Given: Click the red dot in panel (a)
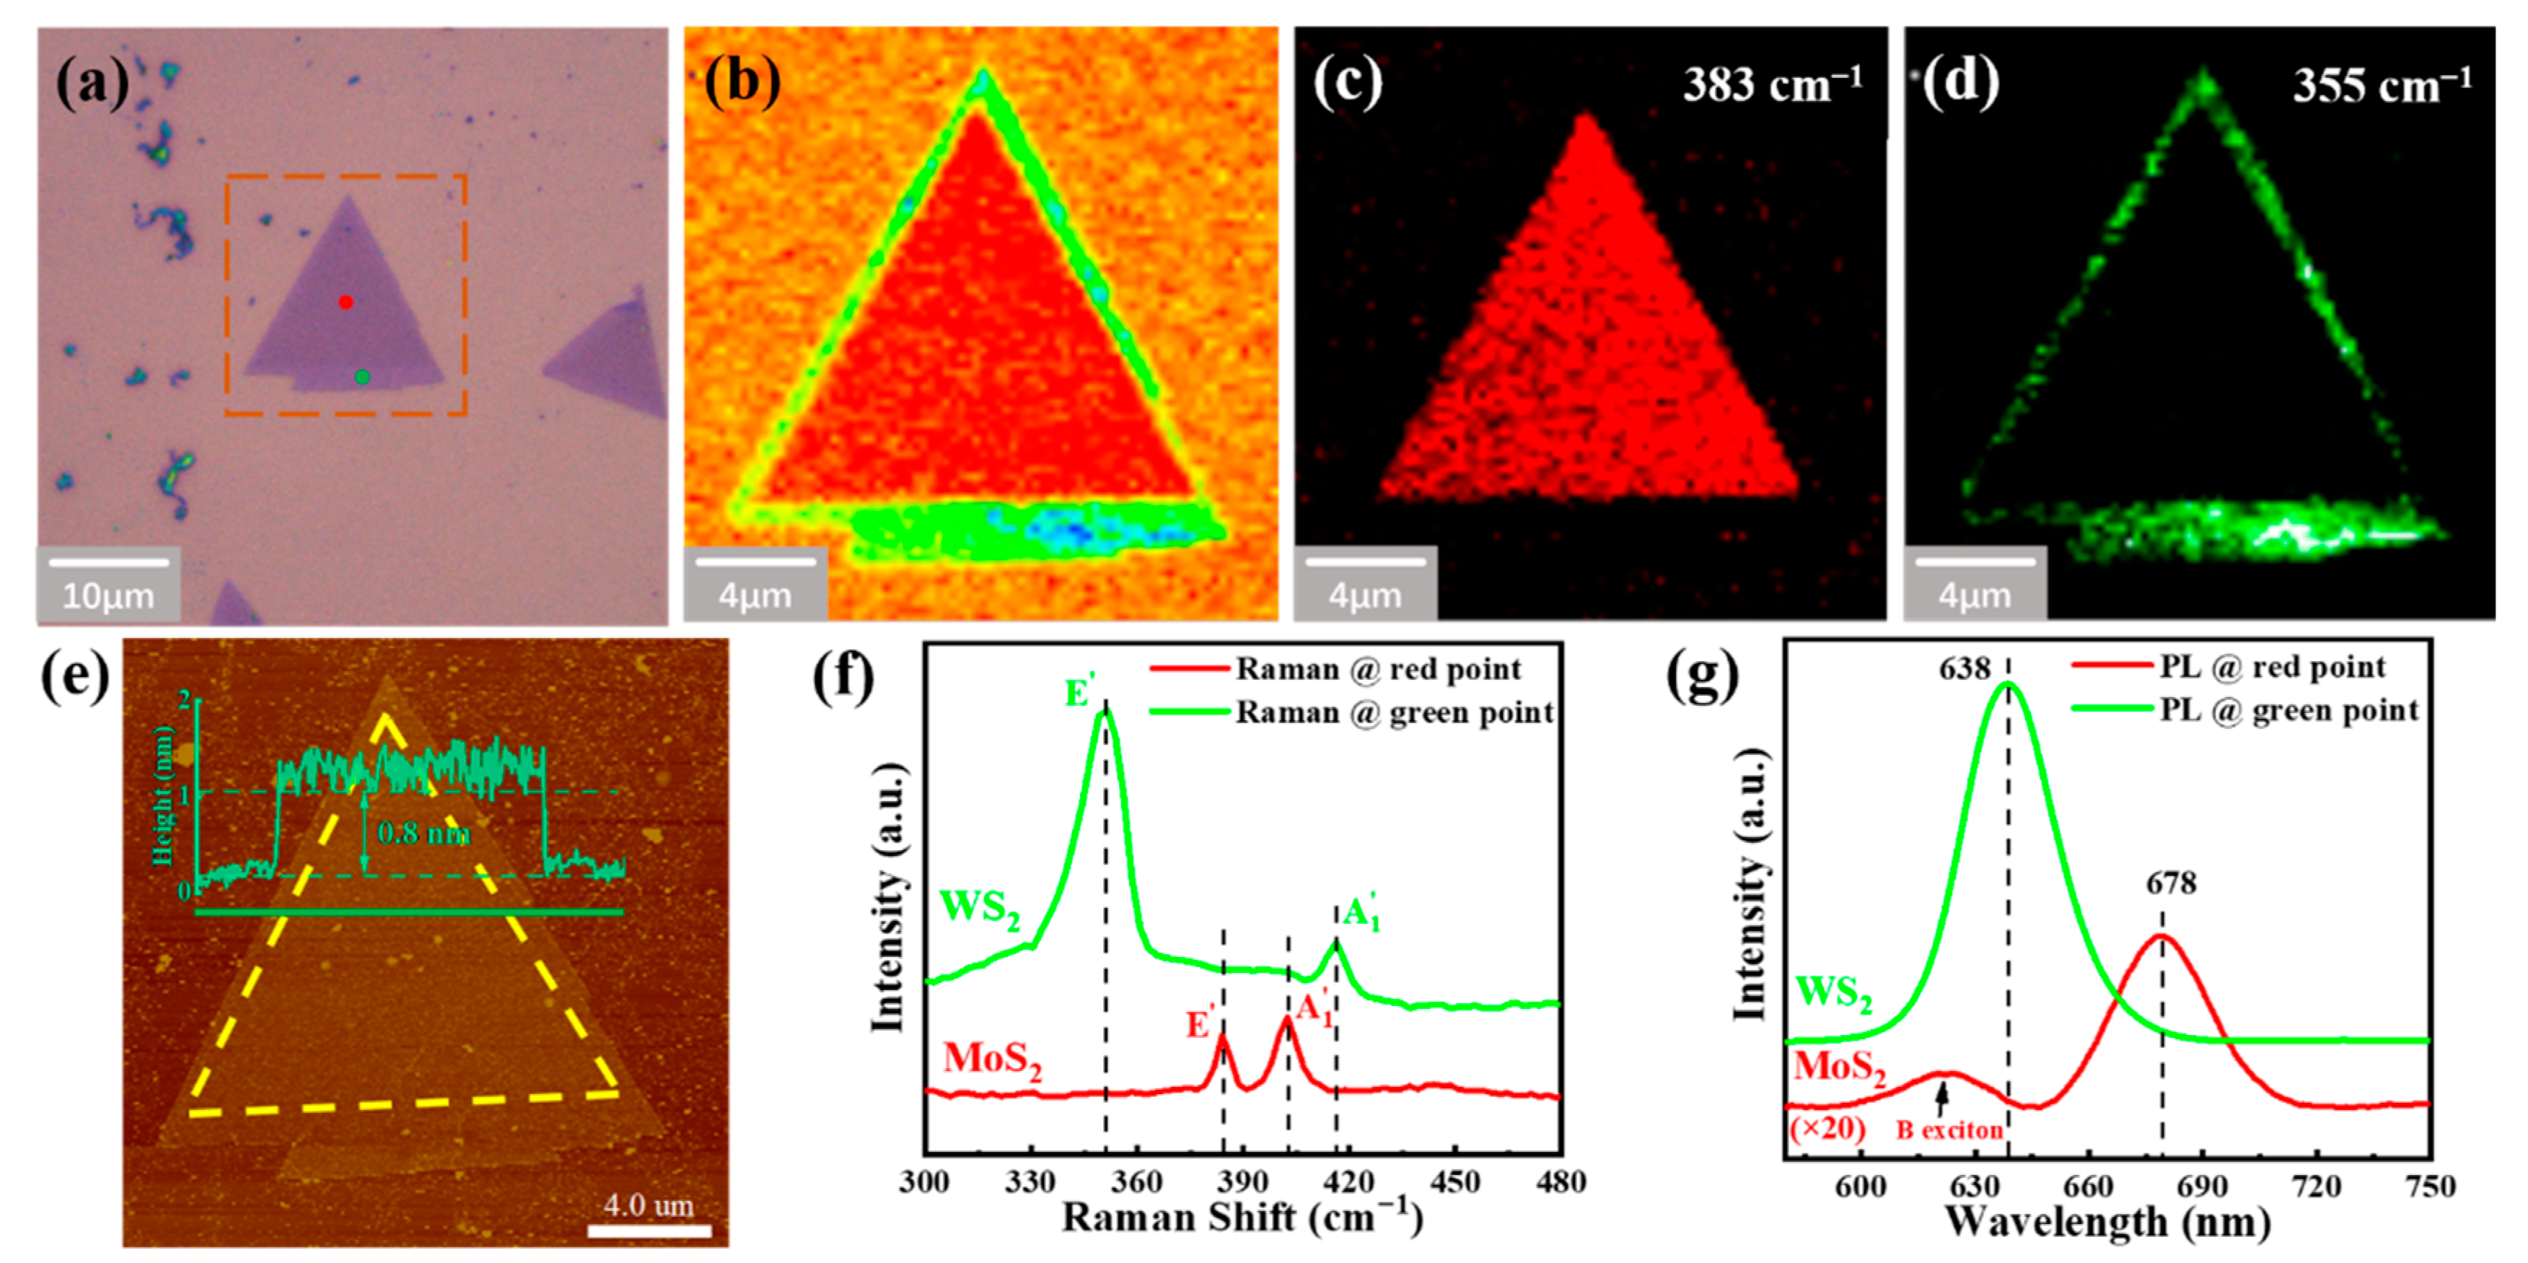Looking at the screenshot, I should [346, 302].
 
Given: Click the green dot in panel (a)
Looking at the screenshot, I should [362, 377].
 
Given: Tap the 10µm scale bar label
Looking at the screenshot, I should [108, 595].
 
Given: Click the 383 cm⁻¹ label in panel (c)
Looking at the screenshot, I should [1773, 84].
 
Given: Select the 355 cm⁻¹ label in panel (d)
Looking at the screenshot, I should [2382, 85].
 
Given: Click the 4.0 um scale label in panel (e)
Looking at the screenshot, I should [649, 1205].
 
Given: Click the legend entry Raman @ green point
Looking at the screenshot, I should [1394, 712].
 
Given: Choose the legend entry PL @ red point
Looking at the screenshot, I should [2272, 668].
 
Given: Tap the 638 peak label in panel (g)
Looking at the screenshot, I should [1964, 669].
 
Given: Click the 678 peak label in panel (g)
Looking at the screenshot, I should [2171, 883].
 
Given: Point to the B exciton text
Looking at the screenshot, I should [1949, 1130].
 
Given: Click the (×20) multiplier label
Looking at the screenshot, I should [1826, 1129].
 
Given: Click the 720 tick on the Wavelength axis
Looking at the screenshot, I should [2316, 1186].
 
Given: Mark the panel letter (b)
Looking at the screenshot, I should [742, 80].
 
